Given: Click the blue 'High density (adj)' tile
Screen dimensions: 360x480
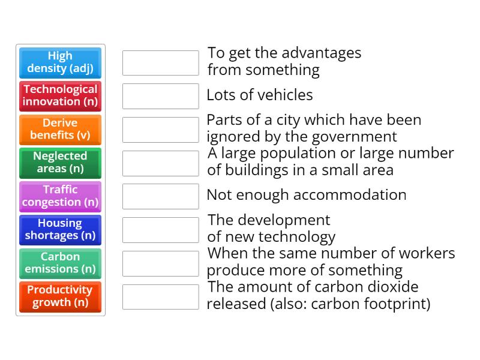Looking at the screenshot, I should click(x=60, y=62).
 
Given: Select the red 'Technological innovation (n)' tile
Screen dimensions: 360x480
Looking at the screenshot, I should click(x=60, y=96).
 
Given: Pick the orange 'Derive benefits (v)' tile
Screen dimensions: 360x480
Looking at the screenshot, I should click(x=60, y=130).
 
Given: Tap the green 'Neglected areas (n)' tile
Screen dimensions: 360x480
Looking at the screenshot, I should click(x=60, y=163).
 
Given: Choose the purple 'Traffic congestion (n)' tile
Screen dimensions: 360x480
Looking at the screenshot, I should click(x=60, y=196).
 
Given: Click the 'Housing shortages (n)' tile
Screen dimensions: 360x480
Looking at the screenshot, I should click(x=60, y=230).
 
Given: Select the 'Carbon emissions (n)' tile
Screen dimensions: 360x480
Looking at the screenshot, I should click(x=60, y=263).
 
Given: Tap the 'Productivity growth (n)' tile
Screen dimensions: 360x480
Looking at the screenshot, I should click(x=60, y=296).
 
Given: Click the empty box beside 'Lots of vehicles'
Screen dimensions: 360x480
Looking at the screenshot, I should click(x=160, y=96).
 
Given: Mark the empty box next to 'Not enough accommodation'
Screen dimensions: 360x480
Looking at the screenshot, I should click(x=160, y=196).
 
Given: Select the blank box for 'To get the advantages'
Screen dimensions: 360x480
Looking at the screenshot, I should click(x=160, y=62).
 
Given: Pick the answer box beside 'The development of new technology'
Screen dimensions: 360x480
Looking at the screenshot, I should click(x=160, y=230).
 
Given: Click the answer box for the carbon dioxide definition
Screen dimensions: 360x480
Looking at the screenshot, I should click(x=160, y=296).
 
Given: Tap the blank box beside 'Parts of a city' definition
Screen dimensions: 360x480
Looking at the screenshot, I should click(x=160, y=130).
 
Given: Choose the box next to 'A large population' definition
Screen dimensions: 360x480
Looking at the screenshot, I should click(x=160, y=163).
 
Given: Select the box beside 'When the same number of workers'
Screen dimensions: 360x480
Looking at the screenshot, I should click(x=160, y=263).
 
